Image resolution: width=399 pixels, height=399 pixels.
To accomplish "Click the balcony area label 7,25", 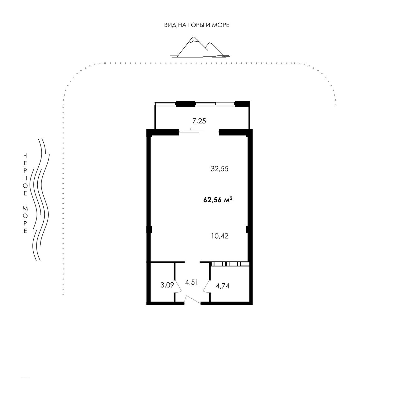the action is tap(199, 121).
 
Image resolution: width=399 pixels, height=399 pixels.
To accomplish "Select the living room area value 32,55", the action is tap(219, 169).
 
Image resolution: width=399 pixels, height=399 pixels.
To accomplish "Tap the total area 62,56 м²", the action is tap(218, 200).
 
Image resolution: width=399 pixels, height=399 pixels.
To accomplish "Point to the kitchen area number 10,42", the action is tap(220, 236).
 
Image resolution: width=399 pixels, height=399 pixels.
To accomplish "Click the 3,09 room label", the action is tap(167, 285).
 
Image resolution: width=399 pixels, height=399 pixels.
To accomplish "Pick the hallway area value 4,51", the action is tap(191, 282).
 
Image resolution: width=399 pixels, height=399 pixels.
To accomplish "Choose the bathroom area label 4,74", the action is tap(223, 286).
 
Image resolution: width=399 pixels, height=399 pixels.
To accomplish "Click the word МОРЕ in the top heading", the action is tap(221, 25).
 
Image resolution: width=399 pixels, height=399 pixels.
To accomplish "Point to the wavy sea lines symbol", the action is tap(40, 199).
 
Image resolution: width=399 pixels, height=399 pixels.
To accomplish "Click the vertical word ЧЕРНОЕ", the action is tap(25, 174).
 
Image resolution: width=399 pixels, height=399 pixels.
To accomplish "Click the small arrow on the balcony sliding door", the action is tap(192, 129).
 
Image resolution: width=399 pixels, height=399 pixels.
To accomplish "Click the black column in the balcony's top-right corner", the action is tap(242, 104).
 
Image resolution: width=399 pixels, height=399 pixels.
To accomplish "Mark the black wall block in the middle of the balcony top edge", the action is tap(185, 104).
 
